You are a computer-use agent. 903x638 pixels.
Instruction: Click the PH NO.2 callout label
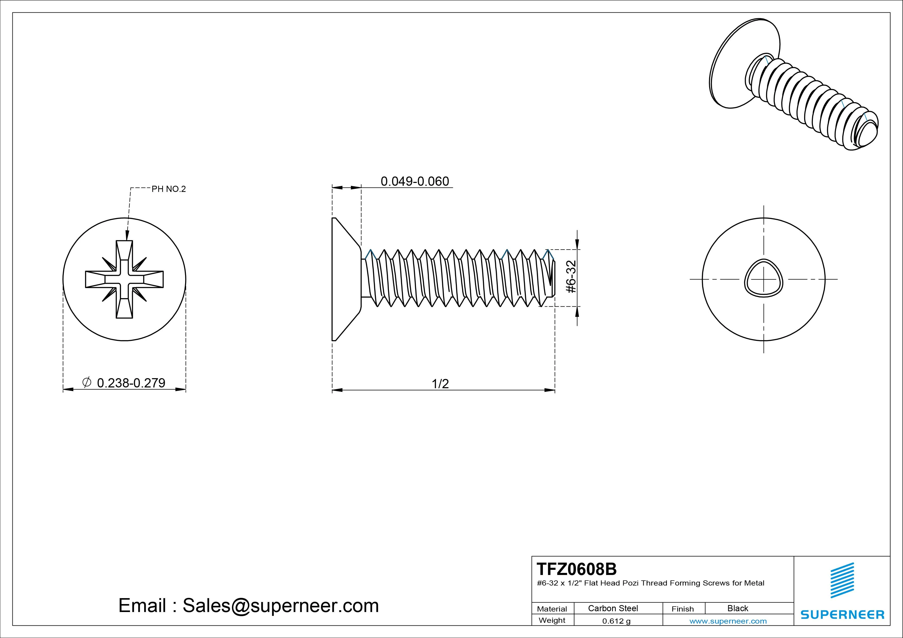[168, 189]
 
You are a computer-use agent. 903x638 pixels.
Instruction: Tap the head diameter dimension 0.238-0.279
[131, 383]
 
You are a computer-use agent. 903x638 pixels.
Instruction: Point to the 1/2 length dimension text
[440, 384]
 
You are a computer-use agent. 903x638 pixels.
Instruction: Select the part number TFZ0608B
[577, 569]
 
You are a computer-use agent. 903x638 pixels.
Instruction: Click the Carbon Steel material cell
[613, 608]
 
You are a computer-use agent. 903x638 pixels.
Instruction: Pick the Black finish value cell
[737, 608]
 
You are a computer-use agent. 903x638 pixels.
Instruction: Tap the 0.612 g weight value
[616, 621]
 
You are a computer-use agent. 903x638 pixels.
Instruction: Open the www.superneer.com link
[728, 621]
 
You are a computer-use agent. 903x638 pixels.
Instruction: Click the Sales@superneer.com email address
[280, 605]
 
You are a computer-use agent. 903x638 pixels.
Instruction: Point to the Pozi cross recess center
[124, 279]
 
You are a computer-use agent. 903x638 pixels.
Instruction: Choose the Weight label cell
[552, 620]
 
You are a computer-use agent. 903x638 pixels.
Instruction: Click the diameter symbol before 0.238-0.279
[87, 382]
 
